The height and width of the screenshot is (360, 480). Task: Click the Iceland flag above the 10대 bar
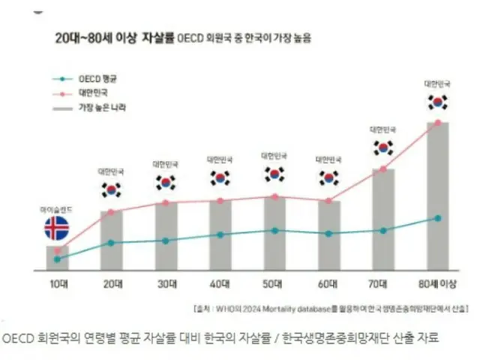coord(57,229)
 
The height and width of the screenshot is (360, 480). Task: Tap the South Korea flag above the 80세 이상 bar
coord(437,101)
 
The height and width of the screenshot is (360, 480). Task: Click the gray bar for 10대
coord(57,257)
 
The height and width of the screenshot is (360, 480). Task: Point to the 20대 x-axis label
coord(111,285)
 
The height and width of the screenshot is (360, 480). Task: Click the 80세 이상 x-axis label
coord(437,285)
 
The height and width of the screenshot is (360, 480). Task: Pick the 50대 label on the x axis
coord(274,285)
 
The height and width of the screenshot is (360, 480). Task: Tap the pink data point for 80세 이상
coord(438,122)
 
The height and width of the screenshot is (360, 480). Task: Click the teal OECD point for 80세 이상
coord(438,218)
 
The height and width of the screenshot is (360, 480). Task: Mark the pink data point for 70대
coord(383,169)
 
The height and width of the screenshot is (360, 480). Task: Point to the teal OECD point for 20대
coord(112,242)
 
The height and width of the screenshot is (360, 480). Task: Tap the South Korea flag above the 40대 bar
coord(220,178)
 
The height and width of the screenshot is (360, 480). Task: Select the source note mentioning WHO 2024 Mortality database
coord(330,308)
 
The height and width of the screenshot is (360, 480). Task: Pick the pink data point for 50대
coord(274,196)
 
